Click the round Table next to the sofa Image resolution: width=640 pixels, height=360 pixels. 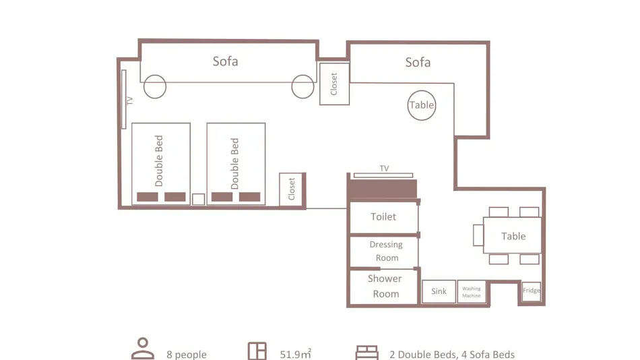(422, 105)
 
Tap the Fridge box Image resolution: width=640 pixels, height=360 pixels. (532, 291)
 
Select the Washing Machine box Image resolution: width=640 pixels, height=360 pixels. (472, 292)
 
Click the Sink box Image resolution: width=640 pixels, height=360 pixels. (439, 291)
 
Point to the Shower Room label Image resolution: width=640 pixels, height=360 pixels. (385, 286)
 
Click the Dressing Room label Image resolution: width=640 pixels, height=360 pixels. (386, 251)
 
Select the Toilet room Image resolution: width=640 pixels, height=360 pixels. (384, 216)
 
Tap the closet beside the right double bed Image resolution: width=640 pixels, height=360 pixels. (291, 189)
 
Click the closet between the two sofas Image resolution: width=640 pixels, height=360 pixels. (334, 84)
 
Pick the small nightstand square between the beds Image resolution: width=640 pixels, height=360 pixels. (198, 199)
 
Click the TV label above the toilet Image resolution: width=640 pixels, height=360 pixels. (384, 169)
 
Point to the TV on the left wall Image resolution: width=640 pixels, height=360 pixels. (124, 99)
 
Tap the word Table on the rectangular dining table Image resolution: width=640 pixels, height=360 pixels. (513, 236)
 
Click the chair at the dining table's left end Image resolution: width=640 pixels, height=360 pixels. (478, 235)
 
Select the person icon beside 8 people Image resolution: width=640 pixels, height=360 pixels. (143, 349)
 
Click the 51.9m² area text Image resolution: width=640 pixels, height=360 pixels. (296, 354)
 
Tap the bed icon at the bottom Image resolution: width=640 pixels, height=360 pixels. (366, 353)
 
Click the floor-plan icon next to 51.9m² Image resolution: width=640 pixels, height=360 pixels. (257, 351)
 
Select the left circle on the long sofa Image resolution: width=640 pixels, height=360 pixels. (155, 86)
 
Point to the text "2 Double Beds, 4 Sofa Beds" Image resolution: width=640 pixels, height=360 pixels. (452, 355)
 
